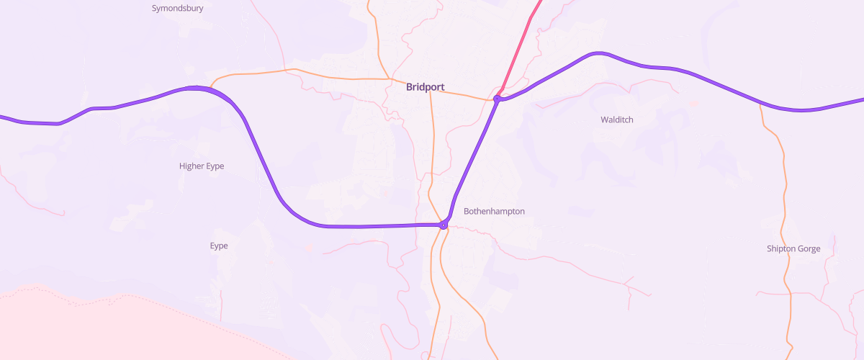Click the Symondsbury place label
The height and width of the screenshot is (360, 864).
177,9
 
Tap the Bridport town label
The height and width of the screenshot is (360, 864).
425,87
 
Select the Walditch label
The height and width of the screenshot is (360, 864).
616,120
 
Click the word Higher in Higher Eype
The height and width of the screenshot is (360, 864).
192,166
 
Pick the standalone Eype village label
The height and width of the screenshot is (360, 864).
219,246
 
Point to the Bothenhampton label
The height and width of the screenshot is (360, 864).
494,212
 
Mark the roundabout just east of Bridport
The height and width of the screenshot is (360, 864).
498,98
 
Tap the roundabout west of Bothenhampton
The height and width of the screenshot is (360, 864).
444,225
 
